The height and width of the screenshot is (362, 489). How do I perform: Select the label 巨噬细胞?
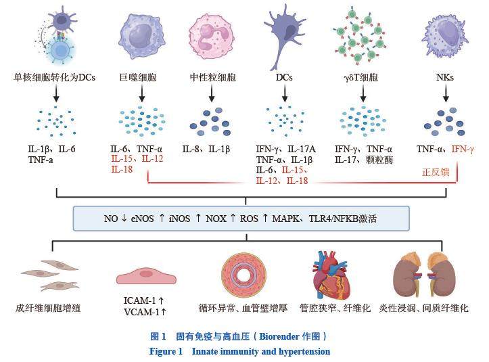pyautogui.click(x=137, y=78)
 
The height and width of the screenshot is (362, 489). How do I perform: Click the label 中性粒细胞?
pyautogui.click(x=212, y=78)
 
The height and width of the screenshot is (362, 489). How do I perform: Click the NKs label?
pyautogui.click(x=444, y=78)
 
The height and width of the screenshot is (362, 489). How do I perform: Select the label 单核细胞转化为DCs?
pyautogui.click(x=55, y=78)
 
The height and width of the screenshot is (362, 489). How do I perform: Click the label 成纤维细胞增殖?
pyautogui.click(x=49, y=308)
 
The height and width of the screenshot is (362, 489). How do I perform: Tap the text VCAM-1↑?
pyautogui.click(x=145, y=313)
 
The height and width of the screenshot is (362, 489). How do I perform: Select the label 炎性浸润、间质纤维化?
pyautogui.click(x=434, y=308)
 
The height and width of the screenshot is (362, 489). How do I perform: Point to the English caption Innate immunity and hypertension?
pyautogui.click(x=261, y=351)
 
